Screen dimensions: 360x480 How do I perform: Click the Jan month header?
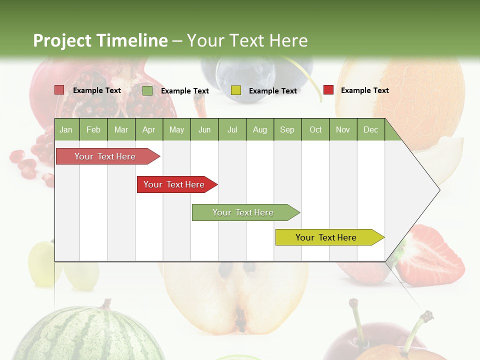[66, 129]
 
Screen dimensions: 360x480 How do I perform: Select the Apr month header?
[148, 129]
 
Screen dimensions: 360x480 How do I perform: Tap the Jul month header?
[232, 129]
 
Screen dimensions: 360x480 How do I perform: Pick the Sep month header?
[287, 129]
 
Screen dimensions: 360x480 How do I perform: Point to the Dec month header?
[370, 129]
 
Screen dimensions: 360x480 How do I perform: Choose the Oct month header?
[315, 129]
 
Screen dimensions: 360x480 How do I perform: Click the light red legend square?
[59, 90]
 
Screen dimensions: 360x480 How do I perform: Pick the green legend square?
[147, 90]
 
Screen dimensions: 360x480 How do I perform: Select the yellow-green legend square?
[235, 90]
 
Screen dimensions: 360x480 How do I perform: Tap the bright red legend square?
[328, 90]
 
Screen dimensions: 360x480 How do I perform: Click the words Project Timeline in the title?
[100, 40]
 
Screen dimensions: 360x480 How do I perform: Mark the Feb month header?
[93, 129]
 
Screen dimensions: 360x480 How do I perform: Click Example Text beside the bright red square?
[364, 90]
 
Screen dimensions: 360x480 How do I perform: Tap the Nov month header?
[342, 129]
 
